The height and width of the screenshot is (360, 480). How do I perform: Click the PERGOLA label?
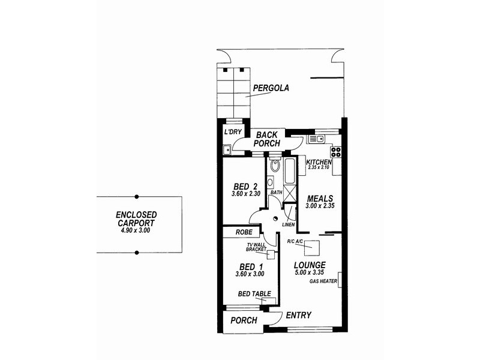[x=271, y=88]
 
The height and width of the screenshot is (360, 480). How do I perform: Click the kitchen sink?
[x=315, y=140]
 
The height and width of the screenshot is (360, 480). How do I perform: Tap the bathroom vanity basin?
[x=271, y=182]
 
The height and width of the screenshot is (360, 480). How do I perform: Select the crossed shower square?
[x=290, y=194]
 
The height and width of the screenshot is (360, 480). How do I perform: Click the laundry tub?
[x=227, y=150]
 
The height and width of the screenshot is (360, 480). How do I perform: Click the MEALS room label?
[x=320, y=198]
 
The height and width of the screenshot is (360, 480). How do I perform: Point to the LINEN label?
[x=288, y=225]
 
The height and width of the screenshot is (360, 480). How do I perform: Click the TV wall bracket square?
[x=271, y=254]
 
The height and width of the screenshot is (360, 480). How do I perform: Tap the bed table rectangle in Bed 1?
[x=268, y=300]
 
